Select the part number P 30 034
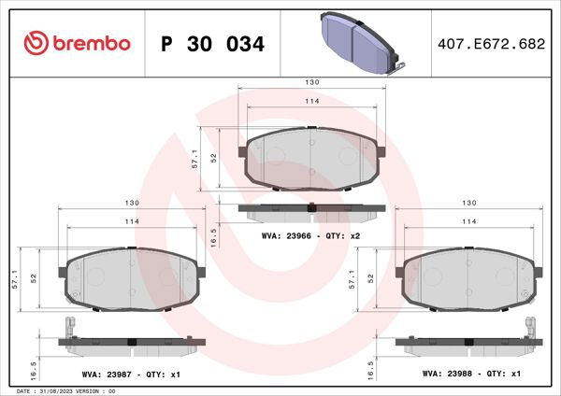(213, 44)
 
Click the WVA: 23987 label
(105, 373)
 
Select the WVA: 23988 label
(445, 373)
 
